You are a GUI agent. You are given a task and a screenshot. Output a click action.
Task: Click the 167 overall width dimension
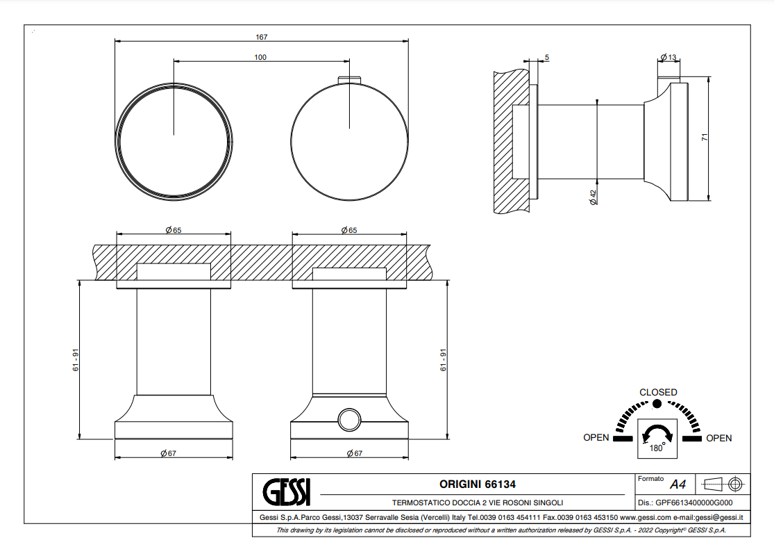point(262,37)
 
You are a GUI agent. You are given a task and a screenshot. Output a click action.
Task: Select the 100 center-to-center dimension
point(260,57)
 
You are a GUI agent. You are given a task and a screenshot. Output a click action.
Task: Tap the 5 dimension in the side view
point(547,58)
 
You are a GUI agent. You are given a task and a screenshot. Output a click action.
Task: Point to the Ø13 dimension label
point(668,57)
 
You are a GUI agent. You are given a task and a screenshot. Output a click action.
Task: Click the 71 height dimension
point(705,138)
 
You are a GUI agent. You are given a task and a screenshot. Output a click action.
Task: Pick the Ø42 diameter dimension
point(594,197)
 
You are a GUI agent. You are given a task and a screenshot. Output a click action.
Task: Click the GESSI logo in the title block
point(286,491)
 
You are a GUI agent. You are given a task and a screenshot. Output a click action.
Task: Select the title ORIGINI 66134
point(478,484)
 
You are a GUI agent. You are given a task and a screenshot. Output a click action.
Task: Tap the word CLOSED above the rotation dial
point(658,392)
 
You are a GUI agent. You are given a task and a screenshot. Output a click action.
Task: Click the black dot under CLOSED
point(657,404)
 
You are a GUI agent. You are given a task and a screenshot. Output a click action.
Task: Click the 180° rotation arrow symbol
point(657,435)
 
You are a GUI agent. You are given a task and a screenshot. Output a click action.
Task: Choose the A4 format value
point(678,484)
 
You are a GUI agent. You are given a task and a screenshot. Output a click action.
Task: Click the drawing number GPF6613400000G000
point(694,503)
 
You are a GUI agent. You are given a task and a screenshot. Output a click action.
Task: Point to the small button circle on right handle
point(349,420)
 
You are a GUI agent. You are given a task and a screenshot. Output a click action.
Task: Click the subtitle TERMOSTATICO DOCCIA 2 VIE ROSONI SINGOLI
point(478,503)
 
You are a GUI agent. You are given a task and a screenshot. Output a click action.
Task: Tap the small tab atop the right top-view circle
point(349,79)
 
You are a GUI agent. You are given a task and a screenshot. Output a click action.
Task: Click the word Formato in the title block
point(650,479)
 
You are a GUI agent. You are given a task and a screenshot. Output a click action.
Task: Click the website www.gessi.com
point(646,517)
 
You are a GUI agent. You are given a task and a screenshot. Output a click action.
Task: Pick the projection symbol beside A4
point(723,484)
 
